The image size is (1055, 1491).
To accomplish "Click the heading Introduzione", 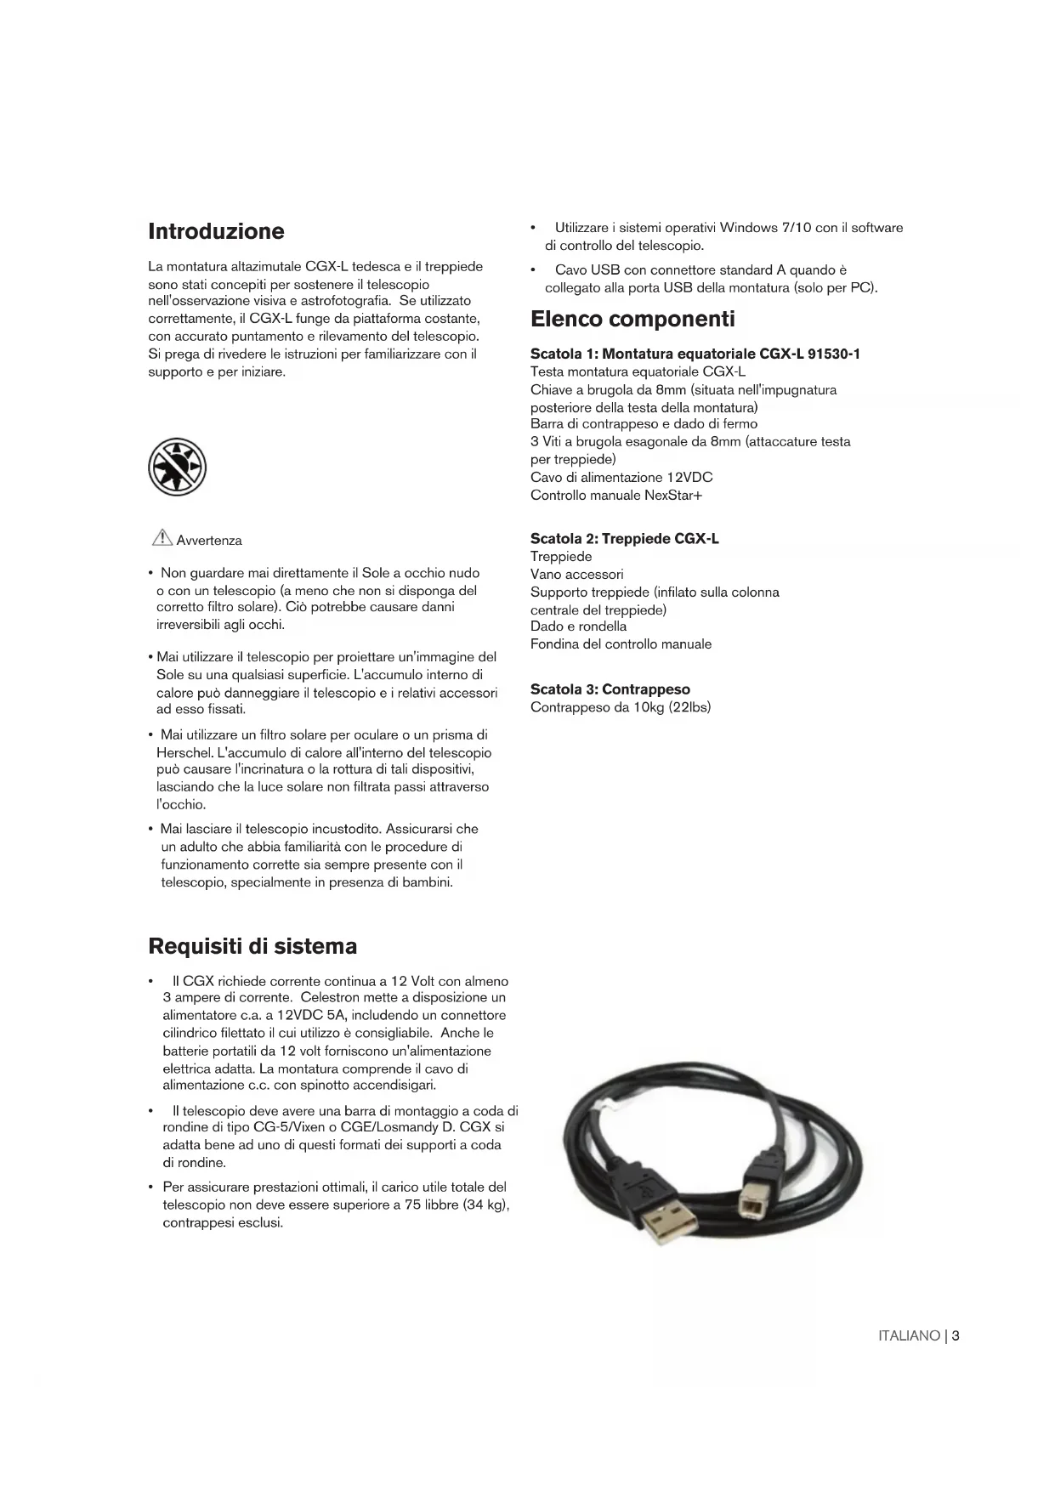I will pos(216,231).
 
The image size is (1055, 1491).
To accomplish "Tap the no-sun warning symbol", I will pos(178,467).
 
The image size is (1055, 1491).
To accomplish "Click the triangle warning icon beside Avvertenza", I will pos(162,537).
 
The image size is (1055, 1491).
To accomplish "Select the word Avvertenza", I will pos(209,541).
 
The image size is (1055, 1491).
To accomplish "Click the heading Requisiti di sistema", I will pos(252,946).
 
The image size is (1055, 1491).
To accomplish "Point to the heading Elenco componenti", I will pos(632,320).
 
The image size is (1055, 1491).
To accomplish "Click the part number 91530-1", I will pos(833,354).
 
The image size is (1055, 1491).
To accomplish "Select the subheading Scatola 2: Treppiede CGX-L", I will pos(624,539).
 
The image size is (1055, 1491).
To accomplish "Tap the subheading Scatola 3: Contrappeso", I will pos(610,689).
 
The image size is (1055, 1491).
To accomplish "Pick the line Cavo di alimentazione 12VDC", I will pos(621,478).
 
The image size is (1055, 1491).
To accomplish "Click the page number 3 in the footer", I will pos(956,1335).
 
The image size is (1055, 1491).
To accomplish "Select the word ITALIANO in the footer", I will pos(908,1336).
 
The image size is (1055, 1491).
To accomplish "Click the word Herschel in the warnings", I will pos(184,752).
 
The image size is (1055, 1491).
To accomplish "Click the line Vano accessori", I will pos(576,575).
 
